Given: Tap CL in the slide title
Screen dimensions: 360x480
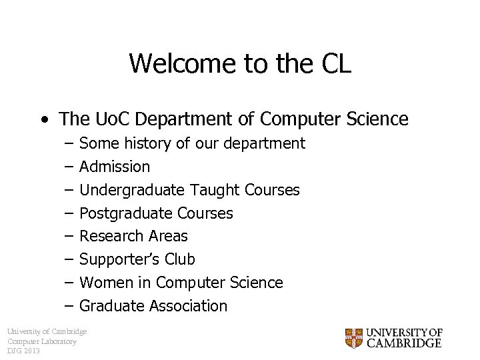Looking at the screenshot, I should click(x=336, y=64).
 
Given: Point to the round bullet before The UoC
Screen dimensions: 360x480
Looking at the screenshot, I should click(x=44, y=121).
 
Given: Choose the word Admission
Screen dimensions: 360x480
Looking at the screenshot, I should click(x=115, y=167).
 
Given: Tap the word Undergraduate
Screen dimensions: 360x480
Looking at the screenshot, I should click(x=132, y=190).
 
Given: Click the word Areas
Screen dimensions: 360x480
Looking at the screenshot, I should click(x=167, y=236).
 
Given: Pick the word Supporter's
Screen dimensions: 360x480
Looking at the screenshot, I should click(x=120, y=259).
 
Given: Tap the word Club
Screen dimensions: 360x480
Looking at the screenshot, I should click(x=180, y=259).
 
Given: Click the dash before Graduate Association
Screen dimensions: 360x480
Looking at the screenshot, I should click(x=69, y=306).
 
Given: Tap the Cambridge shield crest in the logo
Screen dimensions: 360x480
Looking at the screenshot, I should click(x=354, y=338).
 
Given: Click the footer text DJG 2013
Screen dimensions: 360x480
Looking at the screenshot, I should click(x=24, y=351).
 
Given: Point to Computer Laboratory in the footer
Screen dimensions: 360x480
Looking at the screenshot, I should click(x=42, y=341).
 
